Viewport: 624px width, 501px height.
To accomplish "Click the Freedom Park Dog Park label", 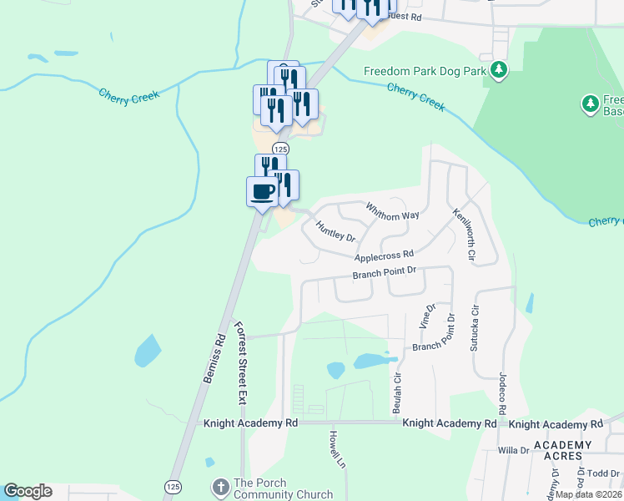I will pos(425,72).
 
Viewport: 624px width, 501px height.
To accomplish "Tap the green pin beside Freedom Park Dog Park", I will pos(499,69).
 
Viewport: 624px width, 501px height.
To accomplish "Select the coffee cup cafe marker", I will pos(262,191).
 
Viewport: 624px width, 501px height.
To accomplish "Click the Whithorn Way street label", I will pos(392,210).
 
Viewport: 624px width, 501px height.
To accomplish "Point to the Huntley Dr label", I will pos(335,230).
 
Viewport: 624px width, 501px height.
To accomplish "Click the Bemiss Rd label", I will pos(214,359).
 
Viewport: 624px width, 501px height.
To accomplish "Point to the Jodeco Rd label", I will pos(503,395).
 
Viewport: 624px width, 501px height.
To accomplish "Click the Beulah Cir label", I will pos(397,393).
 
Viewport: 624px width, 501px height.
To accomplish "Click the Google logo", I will pos(28,491).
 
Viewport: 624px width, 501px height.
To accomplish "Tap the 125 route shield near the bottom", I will pos(173,487).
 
